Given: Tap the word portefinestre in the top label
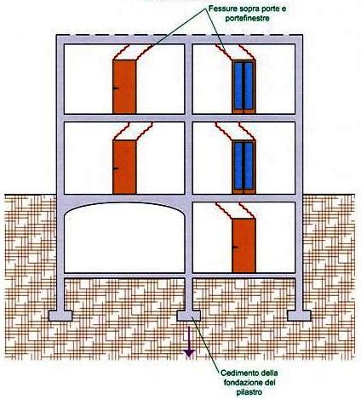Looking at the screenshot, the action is [x=248, y=18].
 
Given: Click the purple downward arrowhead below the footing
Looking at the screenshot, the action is [x=189, y=353].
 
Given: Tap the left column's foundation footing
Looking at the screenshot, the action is [x=60, y=316].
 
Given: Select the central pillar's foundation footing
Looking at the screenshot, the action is [x=189, y=316].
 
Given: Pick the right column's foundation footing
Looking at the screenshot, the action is [x=299, y=316].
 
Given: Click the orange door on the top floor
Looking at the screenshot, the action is [x=124, y=87].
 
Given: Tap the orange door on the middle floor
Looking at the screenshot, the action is [x=124, y=167].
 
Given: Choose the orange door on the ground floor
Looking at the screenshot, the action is [x=244, y=246].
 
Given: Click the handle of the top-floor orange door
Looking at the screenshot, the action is [x=116, y=88].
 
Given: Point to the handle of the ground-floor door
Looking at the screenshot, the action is [x=235, y=248].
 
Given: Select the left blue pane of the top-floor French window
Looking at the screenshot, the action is [x=238, y=85].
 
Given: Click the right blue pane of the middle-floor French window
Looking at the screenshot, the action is [x=249, y=166].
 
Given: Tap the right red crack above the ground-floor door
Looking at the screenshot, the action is [x=248, y=211].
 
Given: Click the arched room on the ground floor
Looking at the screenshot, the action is [x=124, y=237].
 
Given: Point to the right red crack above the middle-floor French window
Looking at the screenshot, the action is [x=248, y=131].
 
